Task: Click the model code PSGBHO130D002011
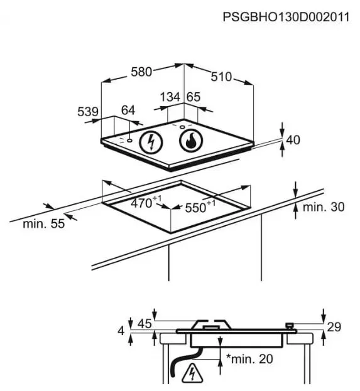tap(286, 18)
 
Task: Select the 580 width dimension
tap(141, 72)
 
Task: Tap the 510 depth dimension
tap(221, 77)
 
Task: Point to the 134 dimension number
tap(170, 97)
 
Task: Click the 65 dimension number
tap(194, 97)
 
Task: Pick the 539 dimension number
tap(88, 112)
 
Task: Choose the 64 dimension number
tap(128, 110)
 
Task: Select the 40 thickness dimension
tap(293, 140)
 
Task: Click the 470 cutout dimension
tap(146, 202)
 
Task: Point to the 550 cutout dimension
tap(200, 206)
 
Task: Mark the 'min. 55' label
tap(44, 223)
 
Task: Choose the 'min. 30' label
tap(324, 206)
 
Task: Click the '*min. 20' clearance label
tap(249, 359)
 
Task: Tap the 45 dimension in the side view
tap(145, 324)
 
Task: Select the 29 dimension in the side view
tap(334, 327)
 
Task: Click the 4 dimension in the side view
tap(121, 331)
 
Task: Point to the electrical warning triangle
tap(192, 373)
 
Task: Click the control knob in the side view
tap(290, 326)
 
